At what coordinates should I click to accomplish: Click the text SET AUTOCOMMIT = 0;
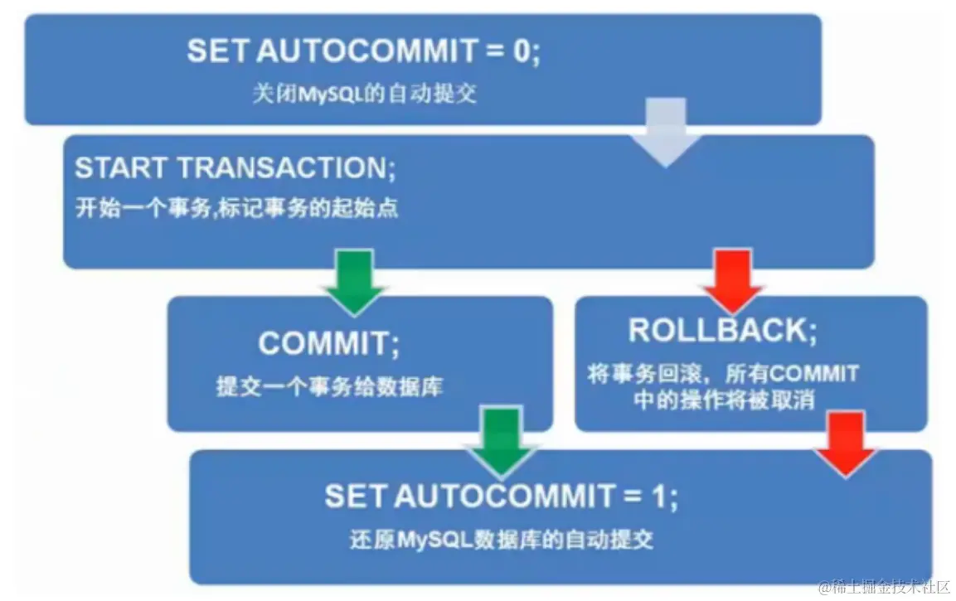tap(363, 51)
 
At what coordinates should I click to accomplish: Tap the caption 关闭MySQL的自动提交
tap(364, 93)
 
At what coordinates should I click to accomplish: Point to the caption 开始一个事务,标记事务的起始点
tap(237, 208)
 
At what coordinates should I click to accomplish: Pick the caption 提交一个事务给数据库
tap(329, 387)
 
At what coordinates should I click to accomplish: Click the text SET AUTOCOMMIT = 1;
tap(502, 497)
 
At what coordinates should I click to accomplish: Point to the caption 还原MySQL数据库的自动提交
tap(502, 540)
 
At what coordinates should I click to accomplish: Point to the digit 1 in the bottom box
tap(659, 497)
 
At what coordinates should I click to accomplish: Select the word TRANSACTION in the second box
tap(282, 168)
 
